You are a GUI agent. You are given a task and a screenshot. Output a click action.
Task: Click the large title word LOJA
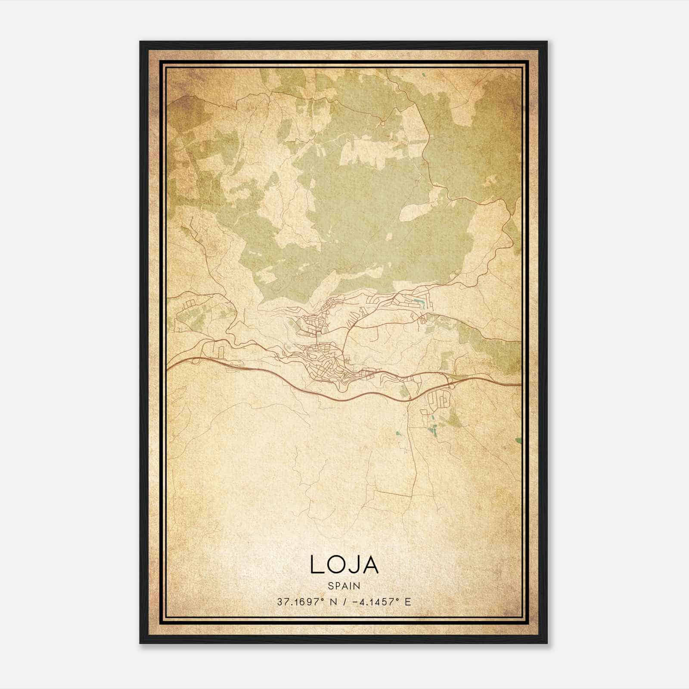344,565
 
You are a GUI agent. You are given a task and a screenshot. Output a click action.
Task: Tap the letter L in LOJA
316,565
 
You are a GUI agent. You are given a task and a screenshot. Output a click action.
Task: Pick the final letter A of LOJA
371,565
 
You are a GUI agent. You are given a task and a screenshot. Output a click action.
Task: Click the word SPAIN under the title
344,586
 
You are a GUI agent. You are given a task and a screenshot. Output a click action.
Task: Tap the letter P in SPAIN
337,586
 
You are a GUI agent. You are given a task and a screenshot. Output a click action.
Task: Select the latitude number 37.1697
298,602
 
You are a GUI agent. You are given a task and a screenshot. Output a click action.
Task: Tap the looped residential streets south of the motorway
439,400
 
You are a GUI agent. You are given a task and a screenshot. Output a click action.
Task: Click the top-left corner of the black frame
140,42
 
